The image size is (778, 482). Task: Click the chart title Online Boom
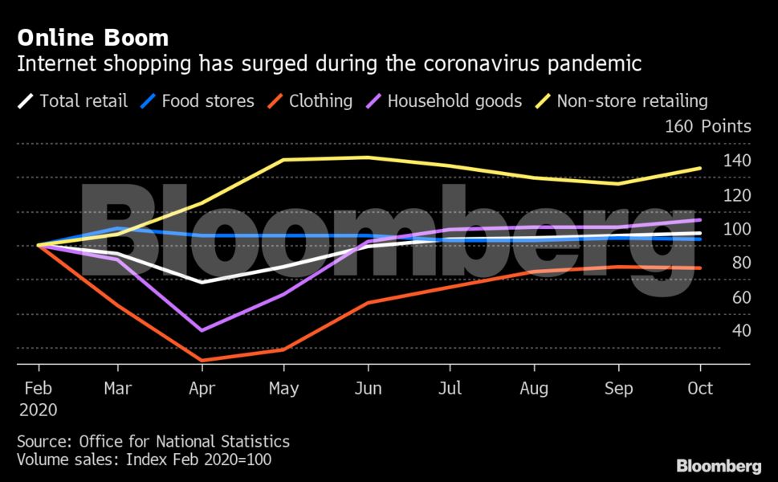[x=93, y=38]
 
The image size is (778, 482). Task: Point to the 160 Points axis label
[x=707, y=126]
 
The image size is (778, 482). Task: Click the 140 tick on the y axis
[x=736, y=161]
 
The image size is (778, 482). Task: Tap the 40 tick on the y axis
[x=740, y=330]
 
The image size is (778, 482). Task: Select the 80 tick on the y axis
[x=740, y=263]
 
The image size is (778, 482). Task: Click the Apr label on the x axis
[x=202, y=389]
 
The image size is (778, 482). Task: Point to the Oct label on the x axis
[x=700, y=389]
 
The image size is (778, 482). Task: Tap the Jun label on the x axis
[x=368, y=389]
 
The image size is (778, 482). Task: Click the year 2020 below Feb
[x=39, y=410]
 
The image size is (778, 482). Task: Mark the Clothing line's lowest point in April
[x=202, y=361]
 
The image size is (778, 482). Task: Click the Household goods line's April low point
[x=202, y=330]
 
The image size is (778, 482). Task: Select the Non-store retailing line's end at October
[x=700, y=168]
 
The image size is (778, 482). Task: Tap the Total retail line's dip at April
[x=202, y=282]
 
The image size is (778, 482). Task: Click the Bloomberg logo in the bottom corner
[x=719, y=466]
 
